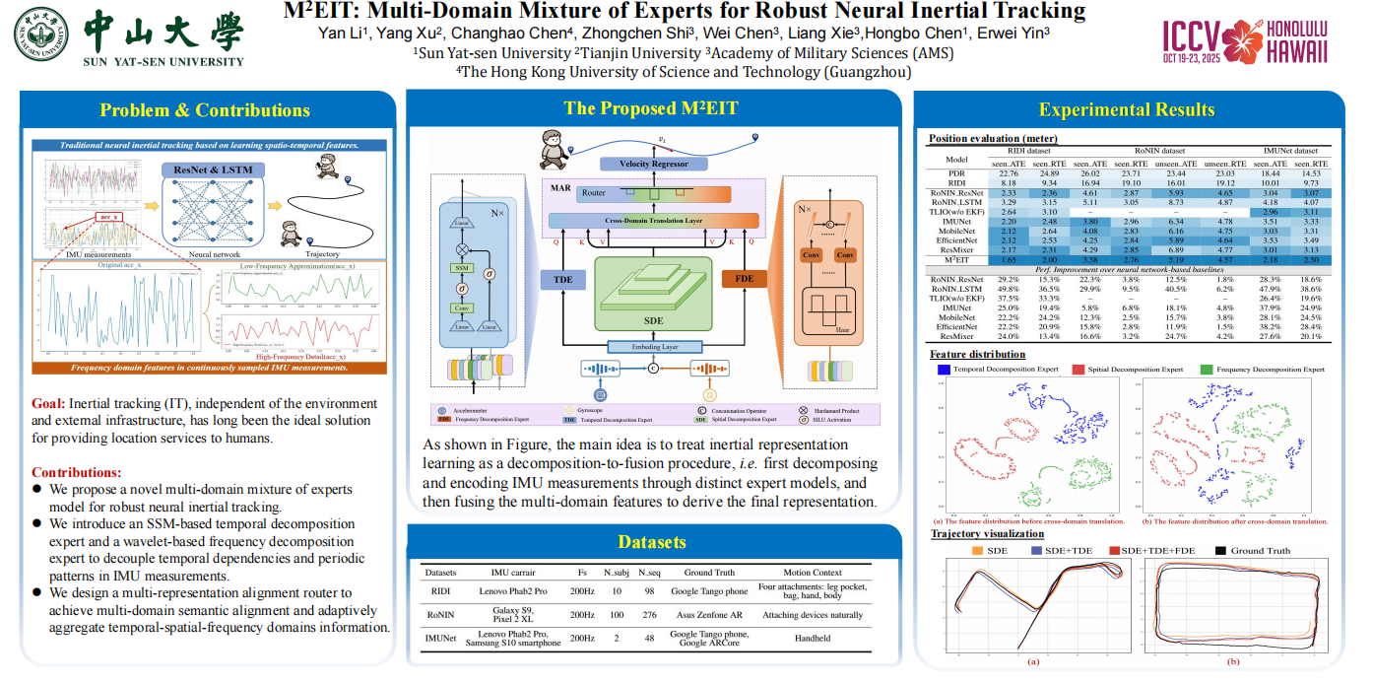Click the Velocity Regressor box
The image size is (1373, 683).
point(654,164)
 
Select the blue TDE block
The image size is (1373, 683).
point(562,279)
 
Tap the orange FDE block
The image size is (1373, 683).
point(745,279)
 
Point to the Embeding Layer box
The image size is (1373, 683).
point(653,347)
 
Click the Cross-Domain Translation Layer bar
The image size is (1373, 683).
point(653,222)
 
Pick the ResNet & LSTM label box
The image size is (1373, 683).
point(213,170)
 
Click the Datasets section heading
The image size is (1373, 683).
point(652,542)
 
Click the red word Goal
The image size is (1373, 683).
point(48,403)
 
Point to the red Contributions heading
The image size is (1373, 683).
point(77,473)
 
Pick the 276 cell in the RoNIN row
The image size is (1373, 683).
point(649,615)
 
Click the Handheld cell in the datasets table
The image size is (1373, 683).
point(813,639)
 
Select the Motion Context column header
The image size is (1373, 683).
point(813,573)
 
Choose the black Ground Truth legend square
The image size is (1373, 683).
point(1221,551)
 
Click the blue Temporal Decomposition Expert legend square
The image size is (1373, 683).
point(945,370)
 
